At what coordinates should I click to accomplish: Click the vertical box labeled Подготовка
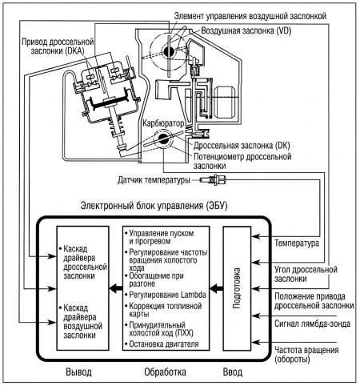[237, 288]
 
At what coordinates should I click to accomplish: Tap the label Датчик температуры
[154, 180]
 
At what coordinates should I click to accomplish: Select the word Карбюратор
[163, 123]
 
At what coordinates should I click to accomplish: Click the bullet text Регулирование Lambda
[167, 295]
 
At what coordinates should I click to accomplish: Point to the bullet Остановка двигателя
[164, 344]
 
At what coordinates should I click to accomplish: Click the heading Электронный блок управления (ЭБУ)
[154, 206]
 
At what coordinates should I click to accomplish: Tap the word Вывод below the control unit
[78, 372]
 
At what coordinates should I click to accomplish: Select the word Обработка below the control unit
[165, 372]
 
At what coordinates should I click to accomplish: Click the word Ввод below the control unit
[233, 372]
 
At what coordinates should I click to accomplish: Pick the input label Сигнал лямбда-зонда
[312, 324]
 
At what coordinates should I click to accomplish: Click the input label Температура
[297, 243]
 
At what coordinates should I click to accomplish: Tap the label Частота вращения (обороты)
[306, 355]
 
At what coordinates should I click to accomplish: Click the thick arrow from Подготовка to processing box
[217, 288]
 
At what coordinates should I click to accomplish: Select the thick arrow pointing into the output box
[116, 288]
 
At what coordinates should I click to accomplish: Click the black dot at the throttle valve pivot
[162, 139]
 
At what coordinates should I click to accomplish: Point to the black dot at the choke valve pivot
[169, 50]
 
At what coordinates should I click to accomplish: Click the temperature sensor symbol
[216, 179]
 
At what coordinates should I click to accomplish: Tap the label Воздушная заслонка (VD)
[246, 30]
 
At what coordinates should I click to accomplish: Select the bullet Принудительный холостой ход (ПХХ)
[161, 329]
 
